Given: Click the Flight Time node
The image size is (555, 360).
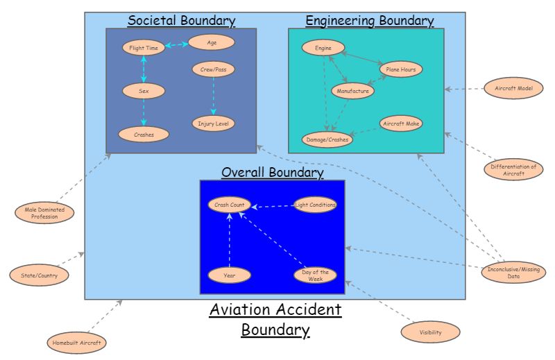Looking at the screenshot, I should tap(144, 48).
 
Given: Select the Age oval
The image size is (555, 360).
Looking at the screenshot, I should tap(212, 42).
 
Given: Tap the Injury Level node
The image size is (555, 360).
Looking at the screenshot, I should tap(213, 123).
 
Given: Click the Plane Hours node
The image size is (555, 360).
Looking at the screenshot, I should tap(400, 69).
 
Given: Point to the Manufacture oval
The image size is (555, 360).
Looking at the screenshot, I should tap(352, 91).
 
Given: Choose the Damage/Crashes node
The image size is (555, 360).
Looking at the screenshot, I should tap(327, 139).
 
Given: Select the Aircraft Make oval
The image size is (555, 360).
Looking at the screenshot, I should tap(401, 123).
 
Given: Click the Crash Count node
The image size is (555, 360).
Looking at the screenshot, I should tap(229, 205).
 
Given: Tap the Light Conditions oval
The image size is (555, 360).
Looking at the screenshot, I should tap(316, 205).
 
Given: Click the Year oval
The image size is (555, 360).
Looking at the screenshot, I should tap(229, 275).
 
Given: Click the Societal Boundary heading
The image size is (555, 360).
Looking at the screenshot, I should tap(181, 21).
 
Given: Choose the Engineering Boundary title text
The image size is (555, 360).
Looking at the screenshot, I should tap(369, 21).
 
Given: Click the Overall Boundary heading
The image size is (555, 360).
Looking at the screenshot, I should tap(272, 172).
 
